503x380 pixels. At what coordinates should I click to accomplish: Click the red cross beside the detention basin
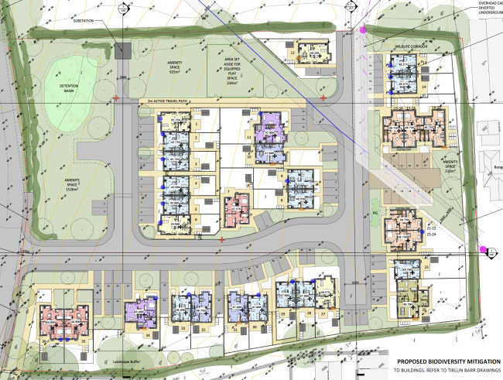click(x=116, y=98)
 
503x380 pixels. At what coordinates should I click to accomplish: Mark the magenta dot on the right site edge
click(x=483, y=250)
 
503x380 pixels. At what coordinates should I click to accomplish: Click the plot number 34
click(x=147, y=335)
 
